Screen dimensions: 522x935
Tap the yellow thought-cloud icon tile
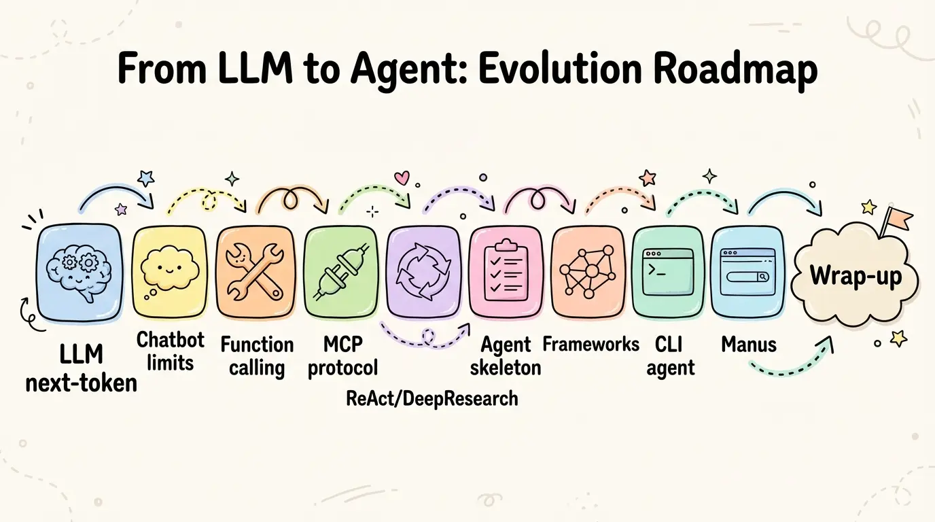pyautogui.click(x=169, y=272)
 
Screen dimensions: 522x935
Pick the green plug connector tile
pyautogui.click(x=340, y=272)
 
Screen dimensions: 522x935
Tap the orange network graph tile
pyautogui.click(x=588, y=272)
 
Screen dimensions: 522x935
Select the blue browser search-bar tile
pyautogui.click(x=747, y=272)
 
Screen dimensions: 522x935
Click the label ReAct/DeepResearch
pyautogui.click(x=432, y=398)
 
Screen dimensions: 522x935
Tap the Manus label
pyautogui.click(x=749, y=345)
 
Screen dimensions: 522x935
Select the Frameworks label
pyautogui.click(x=590, y=344)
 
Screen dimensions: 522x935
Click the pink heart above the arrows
pyautogui.click(x=402, y=178)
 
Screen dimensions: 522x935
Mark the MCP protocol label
pyautogui.click(x=342, y=355)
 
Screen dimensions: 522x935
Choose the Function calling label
pyautogui.click(x=257, y=355)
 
